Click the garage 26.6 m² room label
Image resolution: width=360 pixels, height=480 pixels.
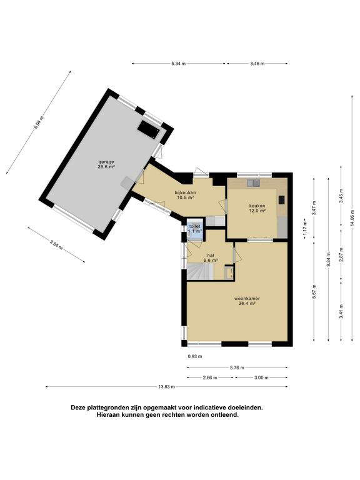(x=106, y=164)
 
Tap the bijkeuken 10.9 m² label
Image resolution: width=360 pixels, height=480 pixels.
(x=185, y=195)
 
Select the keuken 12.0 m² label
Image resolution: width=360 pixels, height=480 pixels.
(x=257, y=208)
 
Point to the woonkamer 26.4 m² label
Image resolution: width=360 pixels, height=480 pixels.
(x=247, y=301)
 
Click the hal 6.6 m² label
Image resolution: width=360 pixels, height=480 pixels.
(x=210, y=257)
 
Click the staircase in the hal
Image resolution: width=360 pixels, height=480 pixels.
(x=200, y=272)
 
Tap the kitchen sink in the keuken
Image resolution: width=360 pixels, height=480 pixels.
(x=254, y=182)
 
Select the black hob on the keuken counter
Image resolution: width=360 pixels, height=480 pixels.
(x=281, y=199)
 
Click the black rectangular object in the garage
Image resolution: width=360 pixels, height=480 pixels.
(x=149, y=129)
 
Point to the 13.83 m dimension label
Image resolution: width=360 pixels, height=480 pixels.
(x=166, y=387)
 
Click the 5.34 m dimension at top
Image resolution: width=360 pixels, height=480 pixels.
(x=179, y=64)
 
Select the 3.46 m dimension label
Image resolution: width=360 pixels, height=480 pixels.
(x=257, y=64)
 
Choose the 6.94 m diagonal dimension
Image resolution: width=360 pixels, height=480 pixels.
(x=39, y=122)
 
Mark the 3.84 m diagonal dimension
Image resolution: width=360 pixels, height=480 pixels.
(x=56, y=244)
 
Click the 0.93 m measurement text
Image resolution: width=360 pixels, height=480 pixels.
(x=195, y=356)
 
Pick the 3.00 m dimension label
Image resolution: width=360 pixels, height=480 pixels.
(x=261, y=377)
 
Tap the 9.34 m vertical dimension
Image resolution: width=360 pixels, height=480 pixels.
(x=329, y=259)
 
